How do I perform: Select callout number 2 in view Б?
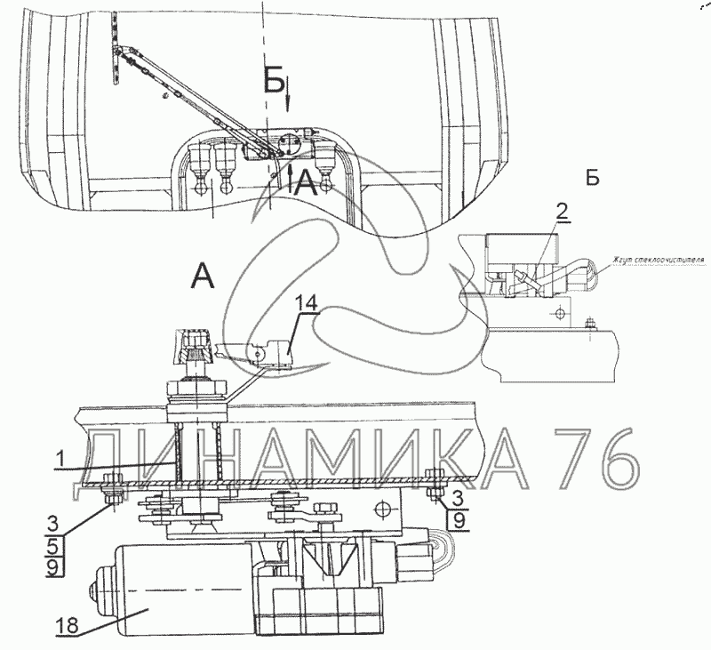tap(561, 210)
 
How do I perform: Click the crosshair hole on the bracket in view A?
tap(383, 508)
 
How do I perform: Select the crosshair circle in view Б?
tap(558, 312)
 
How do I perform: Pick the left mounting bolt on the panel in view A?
tap(112, 492)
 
